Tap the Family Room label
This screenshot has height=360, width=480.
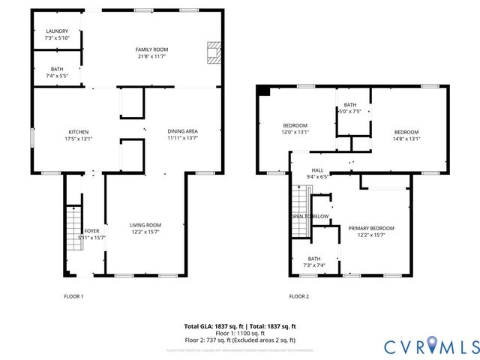(151, 52)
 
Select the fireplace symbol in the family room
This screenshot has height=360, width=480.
(214, 52)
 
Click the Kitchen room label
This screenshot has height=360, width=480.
(79, 135)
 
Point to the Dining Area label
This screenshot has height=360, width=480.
(182, 135)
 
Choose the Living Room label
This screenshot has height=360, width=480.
(145, 229)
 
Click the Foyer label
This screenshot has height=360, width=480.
(91, 234)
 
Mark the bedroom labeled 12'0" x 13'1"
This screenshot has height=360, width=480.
(295, 128)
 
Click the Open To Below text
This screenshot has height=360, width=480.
(310, 216)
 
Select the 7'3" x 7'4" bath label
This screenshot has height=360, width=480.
(313, 262)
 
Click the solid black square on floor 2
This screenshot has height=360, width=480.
(262, 90)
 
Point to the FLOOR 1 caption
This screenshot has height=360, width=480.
(73, 296)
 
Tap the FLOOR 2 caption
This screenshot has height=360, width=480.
(299, 296)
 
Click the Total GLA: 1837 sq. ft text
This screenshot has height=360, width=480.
(214, 326)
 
